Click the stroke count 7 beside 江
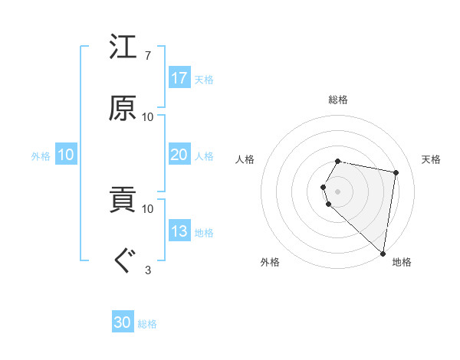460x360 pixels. coord(147,56)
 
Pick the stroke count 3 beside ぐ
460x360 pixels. coord(147,269)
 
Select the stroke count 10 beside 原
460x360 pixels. coord(147,116)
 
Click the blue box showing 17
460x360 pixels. coord(179,78)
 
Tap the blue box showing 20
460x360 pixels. coord(179,155)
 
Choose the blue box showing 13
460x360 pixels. coord(179,231)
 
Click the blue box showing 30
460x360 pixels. coord(123,323)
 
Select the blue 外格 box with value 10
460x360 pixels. coord(66,155)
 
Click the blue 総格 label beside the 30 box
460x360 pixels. coord(147,324)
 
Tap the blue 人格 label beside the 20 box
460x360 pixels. coord(204,155)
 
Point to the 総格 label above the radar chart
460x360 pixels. coord(338,100)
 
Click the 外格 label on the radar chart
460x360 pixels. coord(270,262)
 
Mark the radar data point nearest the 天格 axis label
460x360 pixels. coord(396,172)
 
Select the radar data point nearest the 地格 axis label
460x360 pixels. coord(383,253)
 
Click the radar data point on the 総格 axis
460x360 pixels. coord(338,161)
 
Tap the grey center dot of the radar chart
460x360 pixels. coord(338,191)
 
